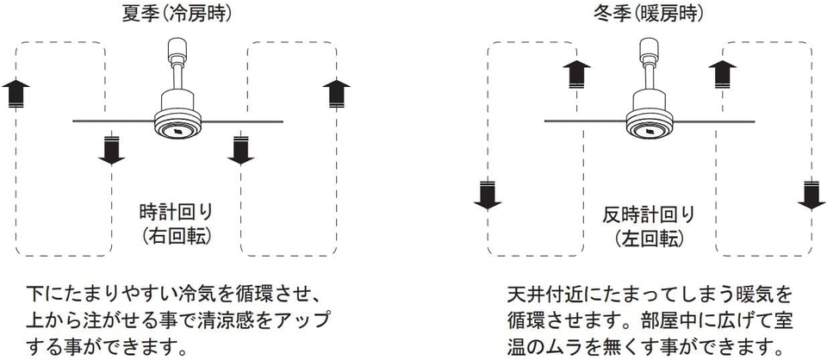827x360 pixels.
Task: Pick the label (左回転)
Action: [x=649, y=238]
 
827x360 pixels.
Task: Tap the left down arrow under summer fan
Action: [x=112, y=148]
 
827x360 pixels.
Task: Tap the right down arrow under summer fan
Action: [x=239, y=148]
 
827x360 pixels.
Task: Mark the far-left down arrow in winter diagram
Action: [x=488, y=195]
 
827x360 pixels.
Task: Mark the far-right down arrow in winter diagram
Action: [x=810, y=195]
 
